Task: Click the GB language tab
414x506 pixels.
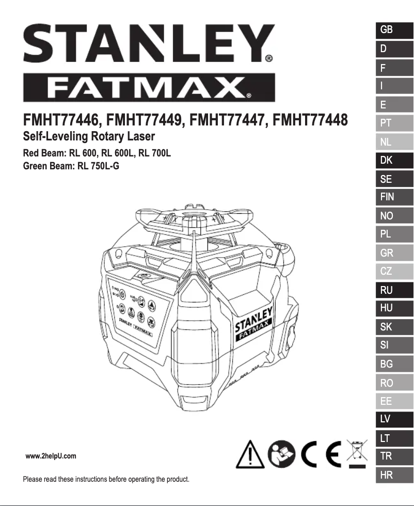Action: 394,30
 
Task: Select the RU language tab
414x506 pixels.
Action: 394,290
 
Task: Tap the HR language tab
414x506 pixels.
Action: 394,476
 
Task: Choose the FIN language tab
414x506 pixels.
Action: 394,197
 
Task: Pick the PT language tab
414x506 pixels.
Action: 394,123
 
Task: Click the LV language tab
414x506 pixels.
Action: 394,420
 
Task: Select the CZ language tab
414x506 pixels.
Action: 394,272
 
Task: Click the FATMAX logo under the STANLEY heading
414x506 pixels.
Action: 149,88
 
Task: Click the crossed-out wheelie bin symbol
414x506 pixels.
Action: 355,453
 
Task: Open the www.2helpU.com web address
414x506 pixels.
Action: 51,456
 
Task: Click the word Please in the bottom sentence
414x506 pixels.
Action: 33,480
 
